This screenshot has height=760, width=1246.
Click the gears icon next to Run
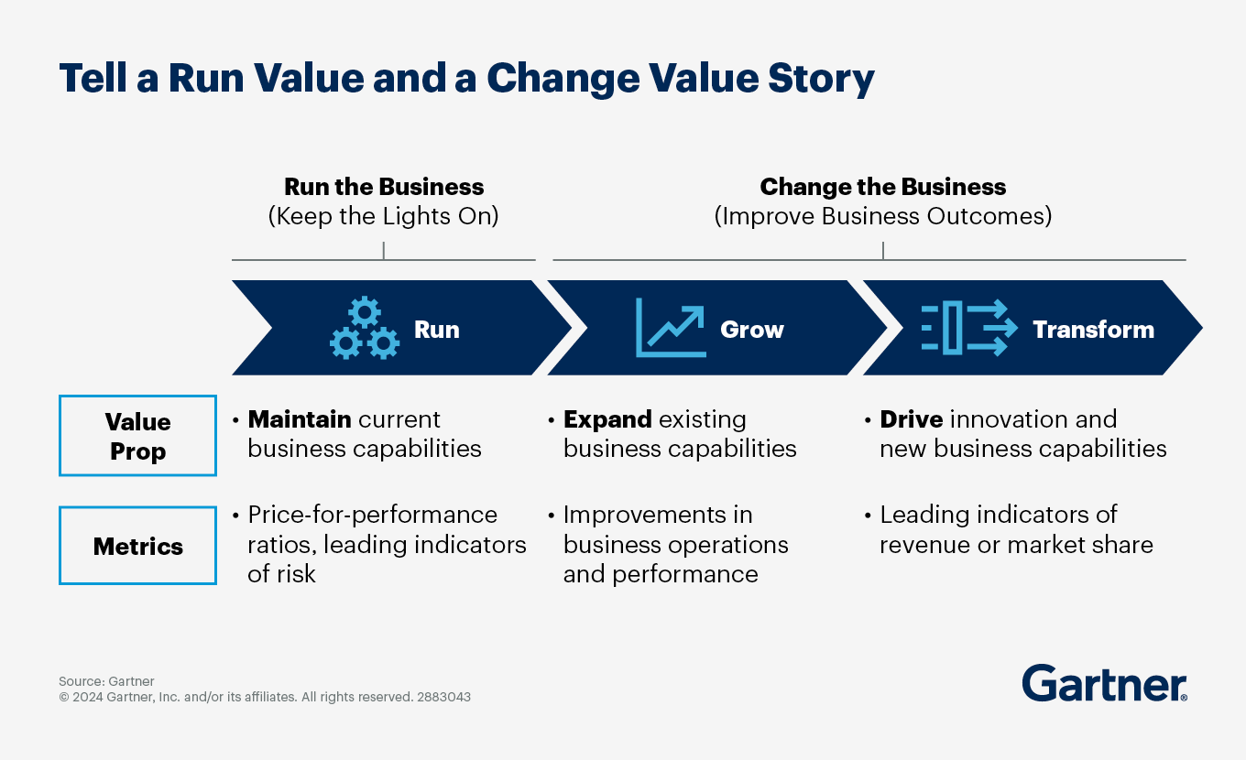365,328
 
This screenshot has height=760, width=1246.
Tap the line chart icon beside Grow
671,328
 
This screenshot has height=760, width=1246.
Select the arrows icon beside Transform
969,328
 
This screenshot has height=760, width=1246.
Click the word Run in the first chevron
437,329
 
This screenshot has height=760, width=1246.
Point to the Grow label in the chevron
752,329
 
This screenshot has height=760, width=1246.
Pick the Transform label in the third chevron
1094,329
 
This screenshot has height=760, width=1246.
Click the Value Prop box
138,435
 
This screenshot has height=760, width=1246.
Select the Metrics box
138,546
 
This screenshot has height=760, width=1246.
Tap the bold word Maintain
300,419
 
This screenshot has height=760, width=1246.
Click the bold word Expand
607,419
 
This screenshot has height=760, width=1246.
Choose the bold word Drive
911,419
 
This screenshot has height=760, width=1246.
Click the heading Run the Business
384,186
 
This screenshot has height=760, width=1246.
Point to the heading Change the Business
883,187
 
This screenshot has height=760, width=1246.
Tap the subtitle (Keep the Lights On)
383,216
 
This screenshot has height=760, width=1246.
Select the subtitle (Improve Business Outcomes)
883,216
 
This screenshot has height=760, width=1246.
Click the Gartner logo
1104,683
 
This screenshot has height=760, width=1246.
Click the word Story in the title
821,79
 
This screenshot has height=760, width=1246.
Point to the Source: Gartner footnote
106,681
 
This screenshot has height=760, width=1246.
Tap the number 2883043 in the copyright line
443,697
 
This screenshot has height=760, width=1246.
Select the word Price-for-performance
373,515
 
